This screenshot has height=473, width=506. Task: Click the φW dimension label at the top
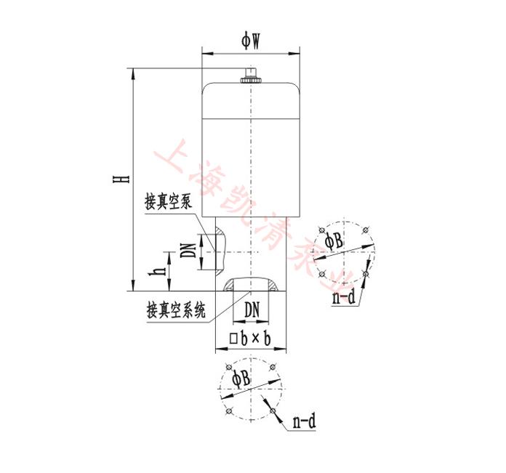(251, 41)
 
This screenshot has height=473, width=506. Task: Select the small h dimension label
(157, 272)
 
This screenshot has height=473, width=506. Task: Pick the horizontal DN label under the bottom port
(252, 310)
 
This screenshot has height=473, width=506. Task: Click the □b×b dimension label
(250, 339)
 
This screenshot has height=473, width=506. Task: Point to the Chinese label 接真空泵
(168, 202)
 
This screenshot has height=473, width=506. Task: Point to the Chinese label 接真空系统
(175, 310)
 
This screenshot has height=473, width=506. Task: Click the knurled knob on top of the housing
(250, 76)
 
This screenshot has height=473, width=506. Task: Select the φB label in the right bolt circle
(334, 240)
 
